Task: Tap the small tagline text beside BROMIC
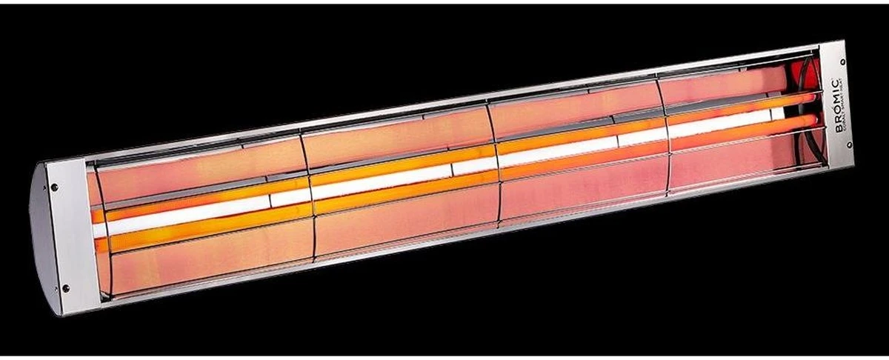[x=845, y=108]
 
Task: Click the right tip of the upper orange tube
[x=815, y=97]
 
